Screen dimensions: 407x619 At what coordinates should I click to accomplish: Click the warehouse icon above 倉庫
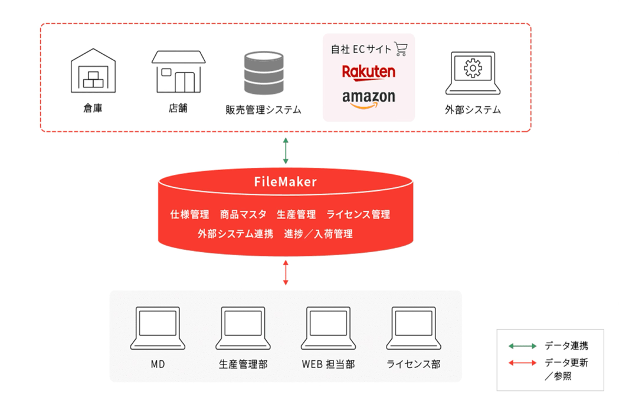pyautogui.click(x=93, y=73)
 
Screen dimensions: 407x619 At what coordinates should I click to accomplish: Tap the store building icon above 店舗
pyautogui.click(x=178, y=72)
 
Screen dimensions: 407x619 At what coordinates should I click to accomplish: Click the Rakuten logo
pyautogui.click(x=369, y=72)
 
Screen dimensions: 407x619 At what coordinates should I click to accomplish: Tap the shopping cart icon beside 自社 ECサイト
pyautogui.click(x=401, y=49)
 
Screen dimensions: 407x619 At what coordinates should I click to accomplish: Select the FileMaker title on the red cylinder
pyautogui.click(x=286, y=182)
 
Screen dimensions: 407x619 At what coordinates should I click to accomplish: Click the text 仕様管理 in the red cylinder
pyautogui.click(x=190, y=214)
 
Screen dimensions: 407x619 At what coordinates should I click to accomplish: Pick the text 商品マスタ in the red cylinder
pyautogui.click(x=243, y=214)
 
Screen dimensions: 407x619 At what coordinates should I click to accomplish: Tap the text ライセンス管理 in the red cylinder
pyautogui.click(x=358, y=214)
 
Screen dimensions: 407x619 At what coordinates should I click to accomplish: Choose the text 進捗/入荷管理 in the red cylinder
pyautogui.click(x=319, y=234)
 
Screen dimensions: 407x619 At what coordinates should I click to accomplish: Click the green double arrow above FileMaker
pyautogui.click(x=286, y=151)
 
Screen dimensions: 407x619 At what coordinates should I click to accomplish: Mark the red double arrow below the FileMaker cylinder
pyautogui.click(x=286, y=273)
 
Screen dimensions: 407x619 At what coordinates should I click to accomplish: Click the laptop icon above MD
pyautogui.click(x=158, y=328)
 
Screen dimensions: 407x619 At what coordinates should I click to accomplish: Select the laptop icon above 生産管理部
pyautogui.click(x=243, y=328)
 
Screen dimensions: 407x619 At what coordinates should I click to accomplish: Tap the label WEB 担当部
pyautogui.click(x=328, y=364)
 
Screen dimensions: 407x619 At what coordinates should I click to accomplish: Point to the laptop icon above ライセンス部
pyautogui.click(x=413, y=328)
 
